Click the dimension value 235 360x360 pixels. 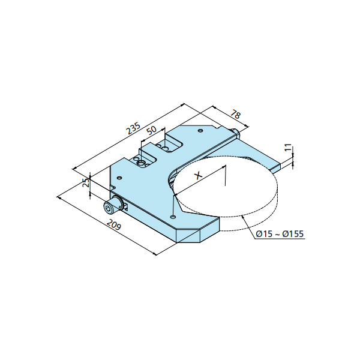click(x=133, y=129)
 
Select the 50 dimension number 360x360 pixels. click(x=152, y=130)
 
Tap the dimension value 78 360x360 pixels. click(x=236, y=114)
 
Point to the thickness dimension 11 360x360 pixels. click(x=288, y=147)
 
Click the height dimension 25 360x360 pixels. click(x=86, y=182)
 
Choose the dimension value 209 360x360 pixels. click(x=114, y=224)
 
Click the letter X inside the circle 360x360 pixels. click(x=199, y=176)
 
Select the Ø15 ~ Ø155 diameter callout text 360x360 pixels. click(x=280, y=234)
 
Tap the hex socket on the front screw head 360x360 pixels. click(x=108, y=208)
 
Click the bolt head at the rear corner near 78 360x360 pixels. click(x=235, y=133)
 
